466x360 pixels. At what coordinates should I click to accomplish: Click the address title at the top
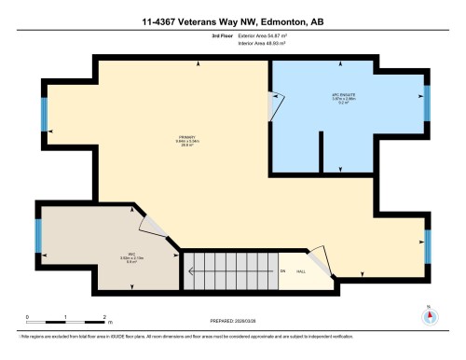(232, 20)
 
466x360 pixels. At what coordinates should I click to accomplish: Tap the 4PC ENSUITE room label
(344, 98)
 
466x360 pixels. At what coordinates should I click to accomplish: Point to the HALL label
(301, 271)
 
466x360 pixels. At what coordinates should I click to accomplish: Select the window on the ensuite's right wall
(427, 105)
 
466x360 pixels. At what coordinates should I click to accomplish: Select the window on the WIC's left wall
(38, 236)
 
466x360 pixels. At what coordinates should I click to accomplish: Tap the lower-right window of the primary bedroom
(427, 247)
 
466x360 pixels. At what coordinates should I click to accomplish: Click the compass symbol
(430, 314)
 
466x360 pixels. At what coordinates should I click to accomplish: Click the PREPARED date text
(232, 320)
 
